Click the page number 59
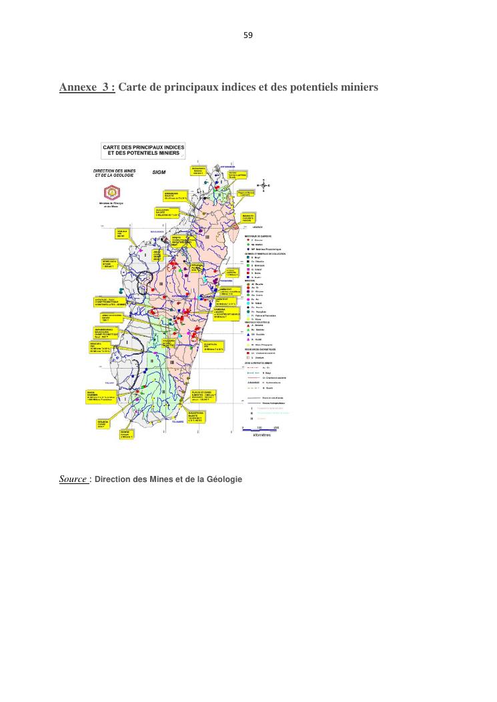click(x=248, y=34)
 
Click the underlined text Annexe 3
click(x=87, y=87)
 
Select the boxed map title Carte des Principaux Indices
click(x=143, y=150)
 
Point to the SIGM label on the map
click(x=158, y=172)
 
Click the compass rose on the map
click(x=264, y=184)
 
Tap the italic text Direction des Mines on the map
click(x=115, y=173)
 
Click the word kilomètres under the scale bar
click(x=260, y=436)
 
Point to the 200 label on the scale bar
click(x=276, y=427)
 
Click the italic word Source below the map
click(x=73, y=479)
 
